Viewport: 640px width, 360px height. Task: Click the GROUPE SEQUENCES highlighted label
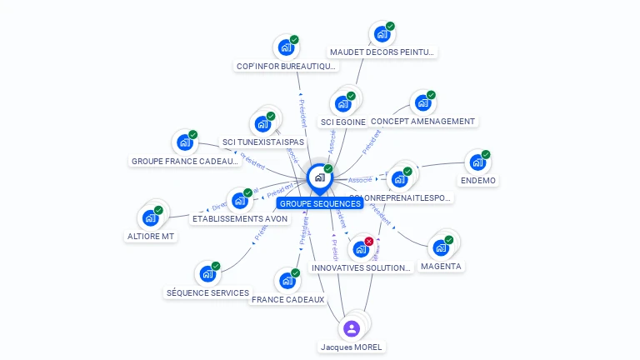point(320,203)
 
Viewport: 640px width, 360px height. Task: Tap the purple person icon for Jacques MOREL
point(352,328)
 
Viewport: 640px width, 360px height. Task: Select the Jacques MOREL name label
point(352,347)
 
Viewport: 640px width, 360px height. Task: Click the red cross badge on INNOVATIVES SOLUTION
point(369,241)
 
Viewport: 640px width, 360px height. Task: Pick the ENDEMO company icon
point(477,162)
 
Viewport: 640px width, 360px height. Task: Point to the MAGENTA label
point(441,266)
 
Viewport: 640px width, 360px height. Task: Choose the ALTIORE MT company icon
point(150,218)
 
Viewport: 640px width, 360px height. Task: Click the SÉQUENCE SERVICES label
point(207,292)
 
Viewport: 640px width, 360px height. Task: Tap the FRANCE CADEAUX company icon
point(287,281)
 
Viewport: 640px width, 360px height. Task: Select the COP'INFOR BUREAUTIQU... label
point(286,66)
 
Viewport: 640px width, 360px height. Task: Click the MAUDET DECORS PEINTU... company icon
point(382,34)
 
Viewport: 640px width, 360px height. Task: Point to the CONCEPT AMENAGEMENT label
point(422,121)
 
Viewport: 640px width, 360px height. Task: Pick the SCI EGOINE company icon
point(342,104)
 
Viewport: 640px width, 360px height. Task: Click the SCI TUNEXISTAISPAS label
point(263,142)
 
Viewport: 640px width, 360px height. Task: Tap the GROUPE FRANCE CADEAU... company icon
point(184,142)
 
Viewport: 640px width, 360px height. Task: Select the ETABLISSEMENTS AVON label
point(240,218)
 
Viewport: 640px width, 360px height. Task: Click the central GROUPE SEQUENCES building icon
point(319,177)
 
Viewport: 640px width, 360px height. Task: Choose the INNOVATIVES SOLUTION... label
point(361,267)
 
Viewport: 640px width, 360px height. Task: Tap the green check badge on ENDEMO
point(486,154)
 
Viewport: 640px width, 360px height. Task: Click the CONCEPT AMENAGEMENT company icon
point(422,103)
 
